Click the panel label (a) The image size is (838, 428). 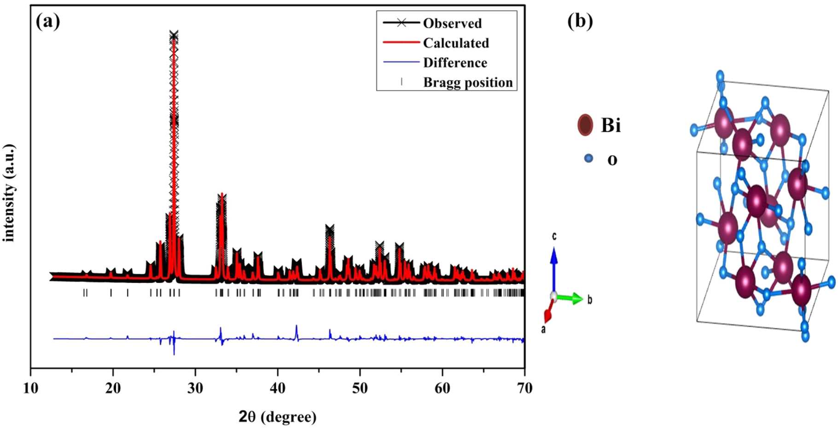tap(48, 22)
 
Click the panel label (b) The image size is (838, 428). tap(580, 22)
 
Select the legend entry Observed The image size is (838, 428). tap(452, 23)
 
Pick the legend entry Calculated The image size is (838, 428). tap(456, 43)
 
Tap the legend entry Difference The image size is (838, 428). tap(455, 63)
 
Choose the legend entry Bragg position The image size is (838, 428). tap(468, 82)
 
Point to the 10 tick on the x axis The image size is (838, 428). tap(30, 388)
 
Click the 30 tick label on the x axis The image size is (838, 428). tap(195, 388)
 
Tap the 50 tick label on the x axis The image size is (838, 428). tap(360, 388)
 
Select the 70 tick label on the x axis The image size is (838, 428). tap(524, 388)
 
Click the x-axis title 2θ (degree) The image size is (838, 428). tap(278, 417)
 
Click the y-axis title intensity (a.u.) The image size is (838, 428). tap(9, 193)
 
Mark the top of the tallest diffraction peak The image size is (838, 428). tap(174, 35)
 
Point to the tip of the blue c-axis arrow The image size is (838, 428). tap(554, 249)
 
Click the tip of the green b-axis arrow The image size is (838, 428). tap(582, 299)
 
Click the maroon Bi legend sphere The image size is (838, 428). tap(585, 125)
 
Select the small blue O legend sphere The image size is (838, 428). tap(588, 158)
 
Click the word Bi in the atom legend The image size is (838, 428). tap(611, 125)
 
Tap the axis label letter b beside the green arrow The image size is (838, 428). tap(589, 300)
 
